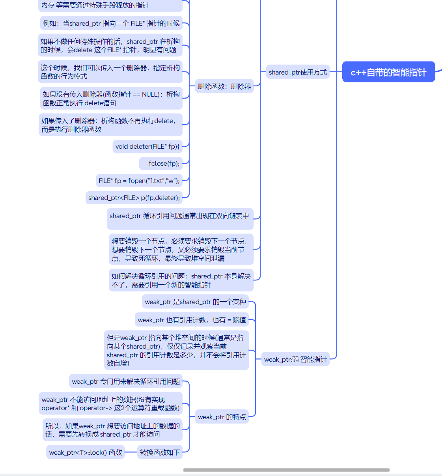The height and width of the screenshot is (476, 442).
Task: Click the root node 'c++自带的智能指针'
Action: tap(388, 72)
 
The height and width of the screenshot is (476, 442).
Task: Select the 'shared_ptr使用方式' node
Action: tap(298, 72)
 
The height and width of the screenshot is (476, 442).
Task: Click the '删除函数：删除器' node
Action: tap(224, 86)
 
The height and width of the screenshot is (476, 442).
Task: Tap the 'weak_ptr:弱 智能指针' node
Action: tap(295, 359)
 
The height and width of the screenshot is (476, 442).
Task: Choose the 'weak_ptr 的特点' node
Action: tap(222, 417)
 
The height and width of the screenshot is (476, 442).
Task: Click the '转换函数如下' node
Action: tap(160, 452)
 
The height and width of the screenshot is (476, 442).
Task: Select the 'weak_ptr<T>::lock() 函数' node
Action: tap(86, 452)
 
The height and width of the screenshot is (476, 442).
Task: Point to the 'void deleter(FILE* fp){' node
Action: tap(147, 146)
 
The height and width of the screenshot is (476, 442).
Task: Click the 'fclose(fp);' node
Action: tap(164, 163)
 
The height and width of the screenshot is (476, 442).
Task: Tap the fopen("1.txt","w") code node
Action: tap(139, 181)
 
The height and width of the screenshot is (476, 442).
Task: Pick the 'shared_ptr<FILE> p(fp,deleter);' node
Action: tap(134, 198)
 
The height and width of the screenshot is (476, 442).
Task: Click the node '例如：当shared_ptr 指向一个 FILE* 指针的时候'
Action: tap(111, 23)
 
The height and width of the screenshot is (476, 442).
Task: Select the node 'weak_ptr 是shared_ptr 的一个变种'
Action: tap(195, 302)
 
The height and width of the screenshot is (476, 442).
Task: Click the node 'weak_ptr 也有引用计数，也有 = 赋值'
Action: tap(192, 320)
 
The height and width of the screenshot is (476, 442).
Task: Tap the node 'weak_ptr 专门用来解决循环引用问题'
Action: tap(126, 381)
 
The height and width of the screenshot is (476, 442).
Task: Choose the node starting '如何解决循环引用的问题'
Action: tap(181, 280)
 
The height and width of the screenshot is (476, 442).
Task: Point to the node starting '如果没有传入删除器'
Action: tap(111, 99)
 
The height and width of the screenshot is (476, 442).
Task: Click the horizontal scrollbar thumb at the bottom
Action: tap(286, 470)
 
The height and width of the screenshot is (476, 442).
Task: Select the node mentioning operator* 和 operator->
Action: tap(110, 404)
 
